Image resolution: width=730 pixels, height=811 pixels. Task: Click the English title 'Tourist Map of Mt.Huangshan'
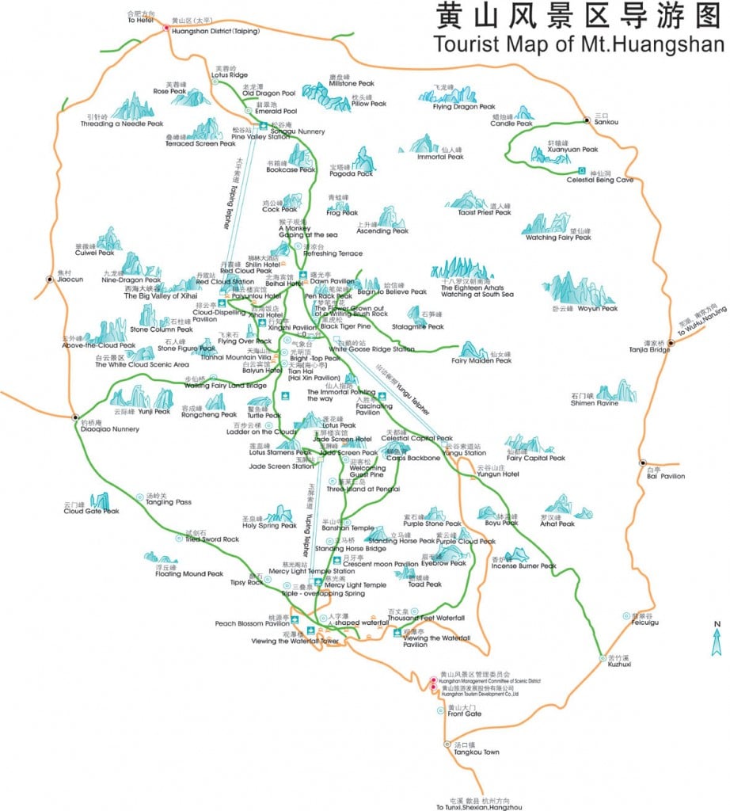click(579, 44)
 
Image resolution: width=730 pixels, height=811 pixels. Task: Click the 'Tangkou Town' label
click(473, 752)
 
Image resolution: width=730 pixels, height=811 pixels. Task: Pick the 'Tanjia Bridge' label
click(649, 349)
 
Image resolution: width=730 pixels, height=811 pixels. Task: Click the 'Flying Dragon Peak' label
click(463, 106)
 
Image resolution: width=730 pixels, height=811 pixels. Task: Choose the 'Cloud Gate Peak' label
click(91, 511)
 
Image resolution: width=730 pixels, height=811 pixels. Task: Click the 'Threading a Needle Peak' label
click(122, 124)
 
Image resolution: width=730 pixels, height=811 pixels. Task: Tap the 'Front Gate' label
click(464, 714)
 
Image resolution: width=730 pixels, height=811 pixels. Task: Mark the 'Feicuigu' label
click(645, 623)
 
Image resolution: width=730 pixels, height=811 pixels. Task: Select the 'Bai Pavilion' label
click(665, 476)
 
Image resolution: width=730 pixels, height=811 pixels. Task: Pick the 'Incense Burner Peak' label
click(523, 565)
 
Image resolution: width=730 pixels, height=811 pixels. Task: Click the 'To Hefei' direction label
click(141, 21)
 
